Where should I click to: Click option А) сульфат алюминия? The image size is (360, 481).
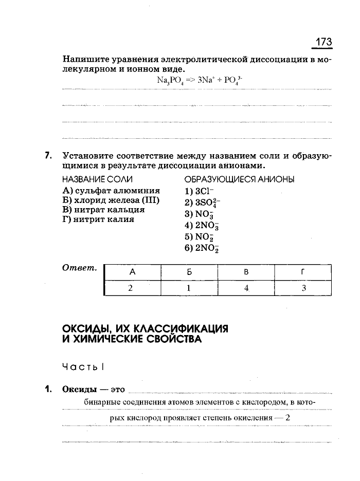point(111,191)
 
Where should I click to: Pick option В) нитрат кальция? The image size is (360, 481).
point(103,210)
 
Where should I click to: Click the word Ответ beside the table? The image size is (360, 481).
point(80,268)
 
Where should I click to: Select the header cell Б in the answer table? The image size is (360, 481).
point(189,272)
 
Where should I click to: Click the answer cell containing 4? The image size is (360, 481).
point(246,288)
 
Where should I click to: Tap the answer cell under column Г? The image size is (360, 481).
point(303,288)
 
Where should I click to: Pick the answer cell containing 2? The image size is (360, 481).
point(132,288)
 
